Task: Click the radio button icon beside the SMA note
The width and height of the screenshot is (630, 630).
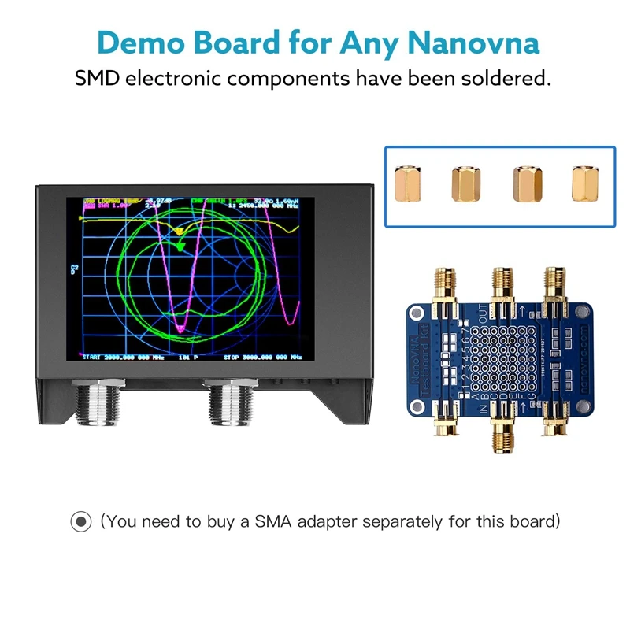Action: point(80,521)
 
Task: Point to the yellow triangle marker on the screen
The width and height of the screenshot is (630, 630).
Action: point(180,232)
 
